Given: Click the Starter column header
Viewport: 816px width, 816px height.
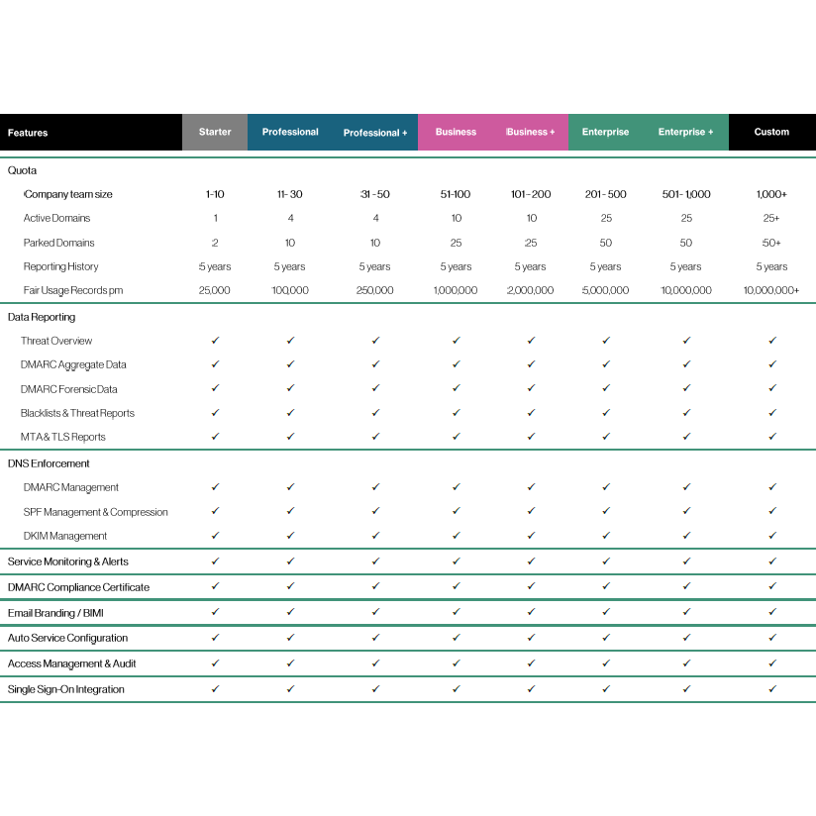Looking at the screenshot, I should coord(215,132).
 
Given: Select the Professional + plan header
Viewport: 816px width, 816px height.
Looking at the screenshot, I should coord(375,133).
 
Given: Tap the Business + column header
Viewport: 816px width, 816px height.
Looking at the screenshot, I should coord(531,132).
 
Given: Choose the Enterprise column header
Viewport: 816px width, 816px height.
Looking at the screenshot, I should coord(605,132).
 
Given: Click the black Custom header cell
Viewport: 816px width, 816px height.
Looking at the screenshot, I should coord(771,132).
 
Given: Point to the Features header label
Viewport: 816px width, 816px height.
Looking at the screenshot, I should coord(28,133).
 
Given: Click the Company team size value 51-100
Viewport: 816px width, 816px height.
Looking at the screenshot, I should coord(456,194).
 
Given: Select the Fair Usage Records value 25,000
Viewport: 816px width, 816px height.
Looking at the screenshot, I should coord(215,290).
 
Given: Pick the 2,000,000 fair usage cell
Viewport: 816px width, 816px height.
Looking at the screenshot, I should coord(532,290).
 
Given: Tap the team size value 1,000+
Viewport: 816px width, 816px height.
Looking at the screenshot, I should coord(771,194).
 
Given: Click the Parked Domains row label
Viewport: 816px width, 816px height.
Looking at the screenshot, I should coord(59,243).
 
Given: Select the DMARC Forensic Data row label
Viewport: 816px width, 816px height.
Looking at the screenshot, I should coord(69,389).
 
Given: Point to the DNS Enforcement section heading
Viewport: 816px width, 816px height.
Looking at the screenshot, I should coord(49,463).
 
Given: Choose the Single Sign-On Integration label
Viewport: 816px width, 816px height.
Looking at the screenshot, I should coord(66,689).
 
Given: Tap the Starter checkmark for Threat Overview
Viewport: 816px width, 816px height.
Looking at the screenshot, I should coord(215,341).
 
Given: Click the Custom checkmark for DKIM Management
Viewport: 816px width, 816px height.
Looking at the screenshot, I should coord(771,536).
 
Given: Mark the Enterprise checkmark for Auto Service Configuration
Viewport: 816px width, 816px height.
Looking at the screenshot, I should coord(605,638).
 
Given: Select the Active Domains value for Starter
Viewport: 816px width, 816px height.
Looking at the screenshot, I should coord(215,218).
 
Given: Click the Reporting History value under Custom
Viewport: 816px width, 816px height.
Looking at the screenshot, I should coord(771,266).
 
